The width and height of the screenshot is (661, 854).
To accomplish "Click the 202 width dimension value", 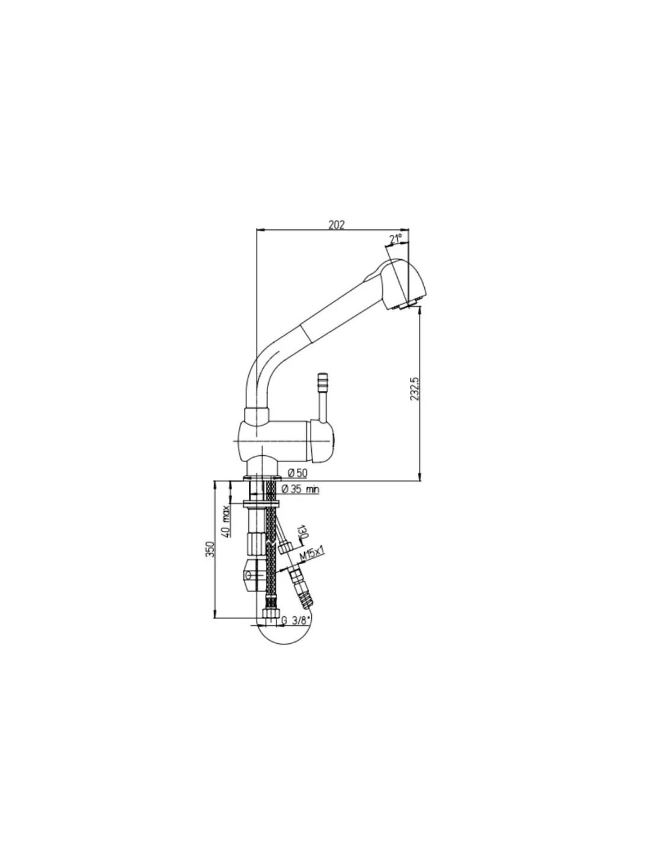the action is (x=337, y=225).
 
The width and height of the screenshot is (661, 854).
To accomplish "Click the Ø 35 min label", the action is (x=301, y=489).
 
